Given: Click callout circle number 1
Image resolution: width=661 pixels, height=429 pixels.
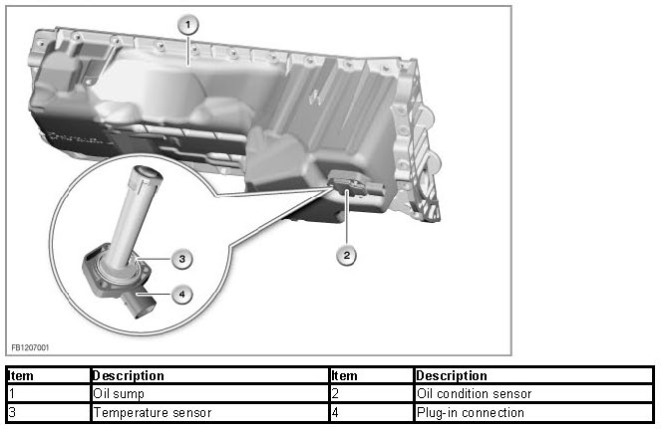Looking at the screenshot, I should tap(189, 23).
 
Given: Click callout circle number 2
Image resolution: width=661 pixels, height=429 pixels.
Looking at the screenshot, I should tap(346, 255).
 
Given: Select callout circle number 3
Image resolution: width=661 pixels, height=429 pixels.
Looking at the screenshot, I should tap(179, 259).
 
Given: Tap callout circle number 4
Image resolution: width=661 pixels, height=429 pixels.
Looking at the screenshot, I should tap(179, 294).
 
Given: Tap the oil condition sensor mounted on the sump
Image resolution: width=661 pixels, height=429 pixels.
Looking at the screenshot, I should tap(344, 183).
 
